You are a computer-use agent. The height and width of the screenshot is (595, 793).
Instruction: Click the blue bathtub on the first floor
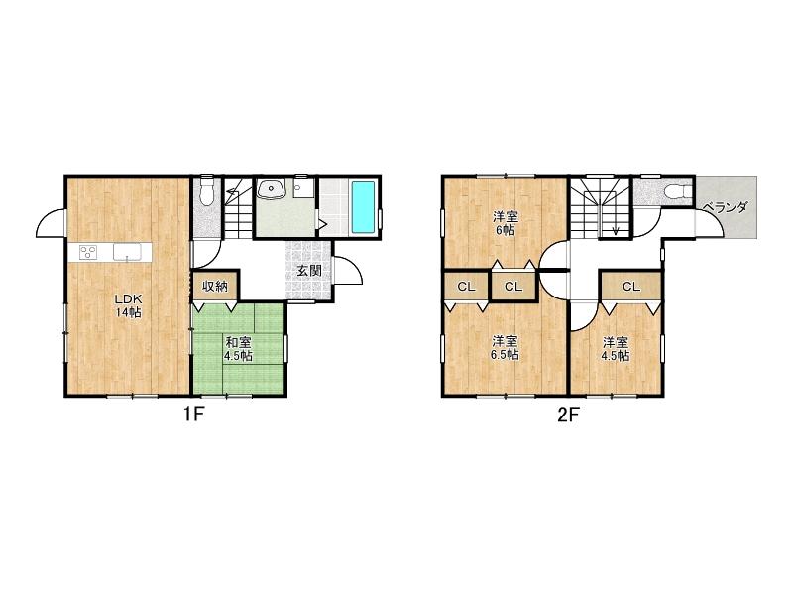(363, 207)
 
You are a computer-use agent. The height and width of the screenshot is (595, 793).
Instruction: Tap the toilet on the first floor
(206, 189)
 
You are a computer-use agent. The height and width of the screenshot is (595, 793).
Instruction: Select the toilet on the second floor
(676, 191)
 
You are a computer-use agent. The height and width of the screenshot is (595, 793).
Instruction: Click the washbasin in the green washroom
(272, 189)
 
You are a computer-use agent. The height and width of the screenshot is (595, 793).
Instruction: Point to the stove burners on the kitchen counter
(88, 252)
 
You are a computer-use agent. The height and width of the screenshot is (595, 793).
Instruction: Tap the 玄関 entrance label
(309, 270)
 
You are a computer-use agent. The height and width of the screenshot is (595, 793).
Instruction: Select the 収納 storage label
(215, 286)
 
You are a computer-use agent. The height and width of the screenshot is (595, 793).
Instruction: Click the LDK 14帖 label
(129, 305)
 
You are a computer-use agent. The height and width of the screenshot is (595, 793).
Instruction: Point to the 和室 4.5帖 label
(238, 349)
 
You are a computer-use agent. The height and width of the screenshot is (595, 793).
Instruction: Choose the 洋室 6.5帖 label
(505, 348)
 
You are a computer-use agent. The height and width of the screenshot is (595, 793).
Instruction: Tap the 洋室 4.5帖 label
(615, 349)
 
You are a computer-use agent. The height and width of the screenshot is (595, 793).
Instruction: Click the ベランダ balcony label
(726, 207)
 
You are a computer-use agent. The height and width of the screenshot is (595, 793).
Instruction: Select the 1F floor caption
(193, 415)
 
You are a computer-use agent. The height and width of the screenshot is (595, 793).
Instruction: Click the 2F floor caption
(568, 415)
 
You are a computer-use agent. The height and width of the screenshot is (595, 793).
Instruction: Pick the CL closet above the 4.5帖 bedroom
(630, 287)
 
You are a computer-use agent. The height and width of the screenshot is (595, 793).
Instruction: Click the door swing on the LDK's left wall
(51, 223)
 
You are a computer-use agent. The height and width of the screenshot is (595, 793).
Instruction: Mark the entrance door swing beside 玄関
(348, 270)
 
